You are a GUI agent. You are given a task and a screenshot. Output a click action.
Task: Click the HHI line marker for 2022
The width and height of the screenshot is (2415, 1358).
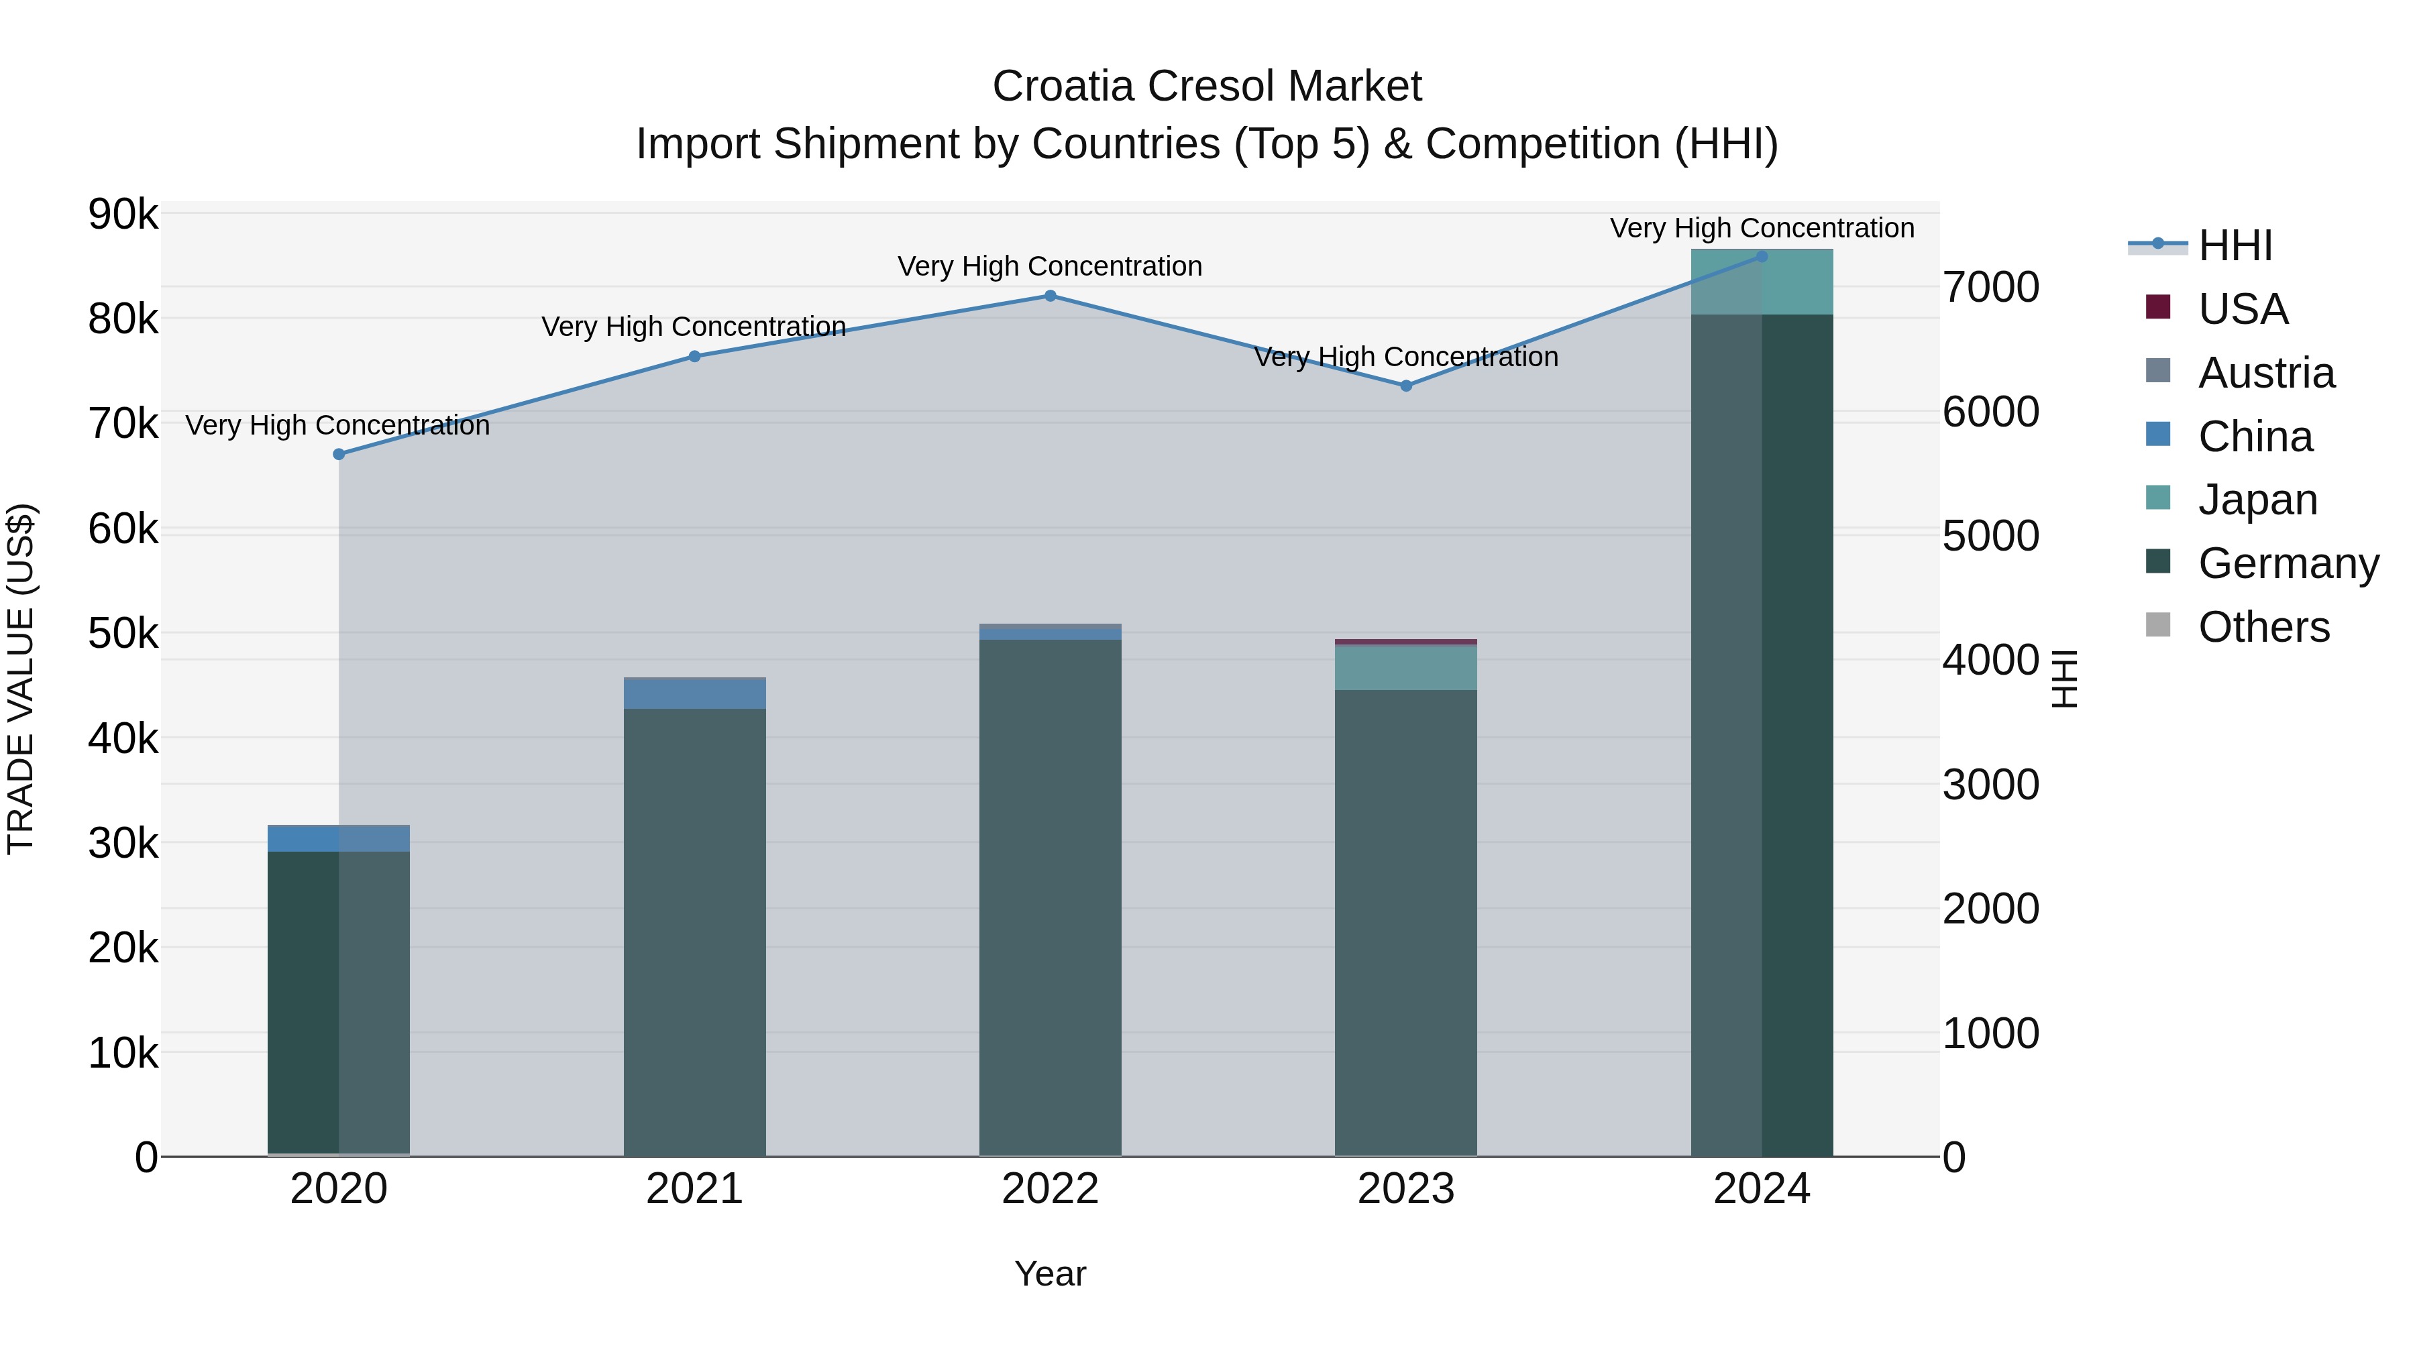pyautogui.click(x=1050, y=296)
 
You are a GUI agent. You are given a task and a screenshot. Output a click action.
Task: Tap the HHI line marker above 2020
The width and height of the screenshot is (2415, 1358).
pyautogui.click(x=339, y=455)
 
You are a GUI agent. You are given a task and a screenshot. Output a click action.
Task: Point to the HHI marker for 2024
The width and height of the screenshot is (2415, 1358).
pyautogui.click(x=1762, y=257)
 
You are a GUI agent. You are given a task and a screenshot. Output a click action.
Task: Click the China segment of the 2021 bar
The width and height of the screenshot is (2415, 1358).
pyautogui.click(x=695, y=693)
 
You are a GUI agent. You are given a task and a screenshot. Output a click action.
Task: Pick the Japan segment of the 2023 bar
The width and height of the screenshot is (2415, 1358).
pyautogui.click(x=1405, y=668)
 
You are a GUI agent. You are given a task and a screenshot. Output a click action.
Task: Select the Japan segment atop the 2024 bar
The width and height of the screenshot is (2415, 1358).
pyautogui.click(x=1762, y=283)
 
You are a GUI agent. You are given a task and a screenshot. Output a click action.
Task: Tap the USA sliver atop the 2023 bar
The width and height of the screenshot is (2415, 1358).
pyautogui.click(x=1405, y=642)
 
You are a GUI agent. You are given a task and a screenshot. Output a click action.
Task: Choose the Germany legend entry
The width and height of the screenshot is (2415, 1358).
pyautogui.click(x=2288, y=563)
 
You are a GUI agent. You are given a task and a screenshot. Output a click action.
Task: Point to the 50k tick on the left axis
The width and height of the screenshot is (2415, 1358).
pyautogui.click(x=123, y=634)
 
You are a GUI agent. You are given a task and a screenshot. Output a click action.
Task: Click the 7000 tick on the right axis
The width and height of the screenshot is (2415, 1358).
pyautogui.click(x=1990, y=287)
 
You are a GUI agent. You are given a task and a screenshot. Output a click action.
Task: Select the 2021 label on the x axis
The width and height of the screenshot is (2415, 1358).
pyautogui.click(x=695, y=1189)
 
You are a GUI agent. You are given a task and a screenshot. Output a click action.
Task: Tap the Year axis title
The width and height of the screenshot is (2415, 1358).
pyautogui.click(x=1050, y=1274)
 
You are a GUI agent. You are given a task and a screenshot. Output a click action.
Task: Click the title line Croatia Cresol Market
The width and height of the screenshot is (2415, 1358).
pyautogui.click(x=1207, y=87)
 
